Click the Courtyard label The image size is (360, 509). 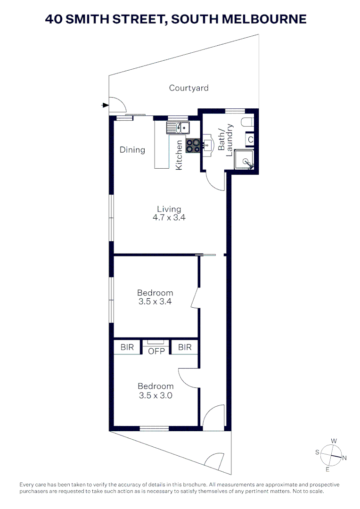(x=188, y=88)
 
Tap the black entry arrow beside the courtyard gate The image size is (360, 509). (x=105, y=105)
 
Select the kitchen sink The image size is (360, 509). (x=177, y=127)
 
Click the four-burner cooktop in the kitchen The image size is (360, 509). (x=193, y=146)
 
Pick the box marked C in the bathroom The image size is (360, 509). (x=250, y=140)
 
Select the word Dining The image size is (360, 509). (x=132, y=150)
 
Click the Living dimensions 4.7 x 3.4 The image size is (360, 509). (x=169, y=218)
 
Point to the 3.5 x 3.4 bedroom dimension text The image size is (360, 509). (x=155, y=302)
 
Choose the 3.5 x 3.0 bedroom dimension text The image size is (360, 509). (x=155, y=396)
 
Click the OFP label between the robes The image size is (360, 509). (x=155, y=351)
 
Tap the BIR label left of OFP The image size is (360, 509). (x=127, y=347)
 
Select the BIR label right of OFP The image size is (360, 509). (x=185, y=347)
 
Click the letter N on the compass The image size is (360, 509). (x=344, y=458)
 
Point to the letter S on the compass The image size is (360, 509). (x=318, y=452)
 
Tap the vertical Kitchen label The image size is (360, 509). (x=179, y=155)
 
